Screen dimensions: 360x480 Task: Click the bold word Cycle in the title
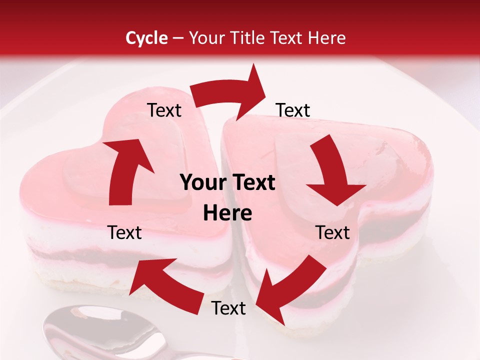click(x=146, y=38)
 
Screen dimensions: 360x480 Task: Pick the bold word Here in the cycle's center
click(x=227, y=213)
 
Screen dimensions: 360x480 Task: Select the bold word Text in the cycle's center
click(x=253, y=183)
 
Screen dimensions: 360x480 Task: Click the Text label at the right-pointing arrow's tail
click(x=164, y=110)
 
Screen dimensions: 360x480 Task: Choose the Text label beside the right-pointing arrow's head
click(x=293, y=110)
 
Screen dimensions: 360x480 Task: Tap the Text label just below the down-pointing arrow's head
click(x=332, y=232)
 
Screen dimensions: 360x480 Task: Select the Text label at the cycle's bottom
click(x=228, y=308)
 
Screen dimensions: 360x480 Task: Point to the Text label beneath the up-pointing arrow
click(x=124, y=232)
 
